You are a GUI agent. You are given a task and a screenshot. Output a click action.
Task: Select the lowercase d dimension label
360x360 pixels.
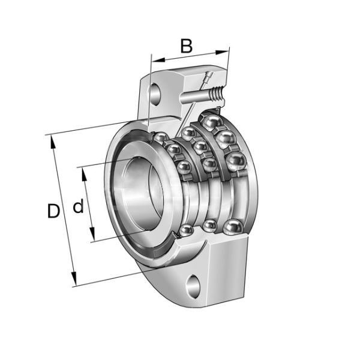point(78,208)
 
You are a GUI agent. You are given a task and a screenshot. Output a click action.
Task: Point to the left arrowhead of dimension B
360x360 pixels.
point(155,61)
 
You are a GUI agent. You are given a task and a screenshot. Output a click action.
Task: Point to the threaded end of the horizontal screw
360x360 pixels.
point(217,93)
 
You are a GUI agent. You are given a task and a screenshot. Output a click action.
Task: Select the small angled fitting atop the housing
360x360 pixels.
point(208,78)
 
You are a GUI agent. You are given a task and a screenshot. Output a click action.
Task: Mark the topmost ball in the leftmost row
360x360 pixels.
point(160,138)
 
